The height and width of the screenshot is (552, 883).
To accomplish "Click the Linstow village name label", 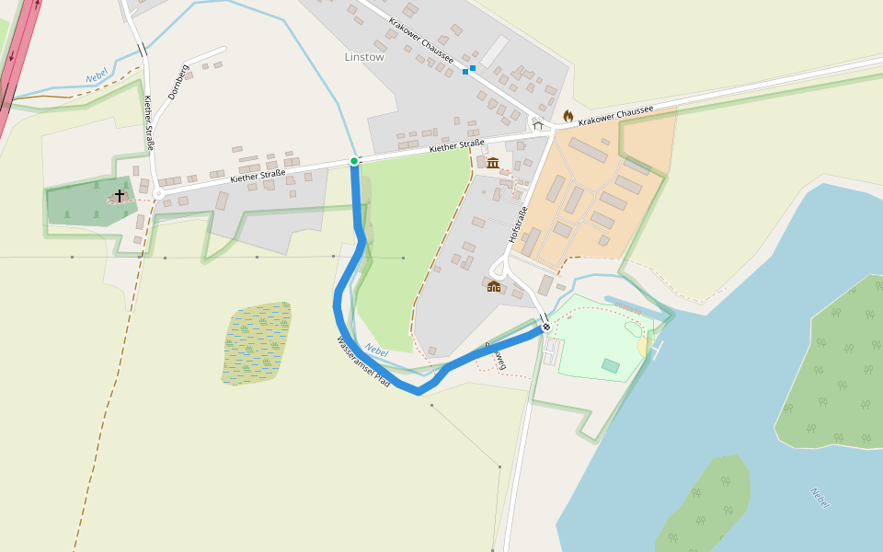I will [364, 56].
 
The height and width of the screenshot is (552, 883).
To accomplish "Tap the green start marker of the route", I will [354, 161].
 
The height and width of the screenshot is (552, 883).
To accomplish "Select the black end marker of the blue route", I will [546, 327].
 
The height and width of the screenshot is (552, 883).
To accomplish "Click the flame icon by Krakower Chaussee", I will [568, 116].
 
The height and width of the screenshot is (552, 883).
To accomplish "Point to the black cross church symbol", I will [119, 196].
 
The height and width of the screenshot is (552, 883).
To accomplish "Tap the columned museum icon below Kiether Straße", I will [493, 163].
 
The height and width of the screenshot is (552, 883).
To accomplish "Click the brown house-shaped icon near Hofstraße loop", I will [494, 286].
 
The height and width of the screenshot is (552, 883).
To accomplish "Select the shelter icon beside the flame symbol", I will [538, 124].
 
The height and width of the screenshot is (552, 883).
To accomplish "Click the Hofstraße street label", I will [518, 225].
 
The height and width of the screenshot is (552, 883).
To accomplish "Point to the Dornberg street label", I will [178, 82].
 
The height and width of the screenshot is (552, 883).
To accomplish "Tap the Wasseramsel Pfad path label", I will [363, 362].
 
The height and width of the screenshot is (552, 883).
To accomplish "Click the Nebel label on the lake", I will [820, 498].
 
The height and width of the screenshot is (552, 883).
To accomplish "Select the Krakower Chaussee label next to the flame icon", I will [615, 115].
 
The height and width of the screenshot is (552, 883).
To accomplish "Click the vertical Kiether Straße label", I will [148, 123].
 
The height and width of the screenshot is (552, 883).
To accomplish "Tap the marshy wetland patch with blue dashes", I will [257, 342].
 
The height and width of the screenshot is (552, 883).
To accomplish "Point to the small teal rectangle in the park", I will [611, 365].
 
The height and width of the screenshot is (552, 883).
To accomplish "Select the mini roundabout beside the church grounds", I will [158, 193].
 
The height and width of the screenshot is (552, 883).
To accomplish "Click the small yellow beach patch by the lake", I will [644, 346].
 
